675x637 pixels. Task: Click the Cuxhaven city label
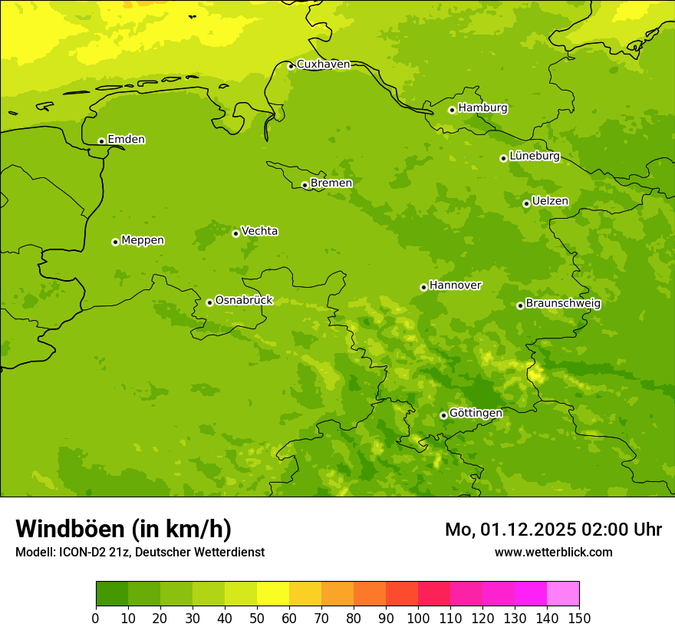pos(323,64)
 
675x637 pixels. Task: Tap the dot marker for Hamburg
pos(452,110)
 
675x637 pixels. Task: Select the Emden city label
pos(126,140)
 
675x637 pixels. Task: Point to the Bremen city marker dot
pos(305,185)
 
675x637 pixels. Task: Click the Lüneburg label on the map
pos(534,156)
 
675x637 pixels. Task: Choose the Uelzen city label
pos(550,201)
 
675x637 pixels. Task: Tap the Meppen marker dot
pos(115,242)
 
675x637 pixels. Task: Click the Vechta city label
pos(259,231)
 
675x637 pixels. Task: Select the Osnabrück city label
pos(244,300)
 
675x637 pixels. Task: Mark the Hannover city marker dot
pos(423,287)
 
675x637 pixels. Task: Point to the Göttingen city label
pos(476,413)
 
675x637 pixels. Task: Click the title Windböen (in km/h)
pos(123,529)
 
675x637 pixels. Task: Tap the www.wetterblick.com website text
pos(553,552)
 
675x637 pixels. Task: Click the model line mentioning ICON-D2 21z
pos(140,552)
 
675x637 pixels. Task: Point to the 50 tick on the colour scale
pos(257,618)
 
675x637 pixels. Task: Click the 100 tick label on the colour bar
pos(418,618)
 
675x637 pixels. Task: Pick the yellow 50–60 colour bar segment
pos(273,594)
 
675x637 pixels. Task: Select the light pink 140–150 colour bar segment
pos(563,594)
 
